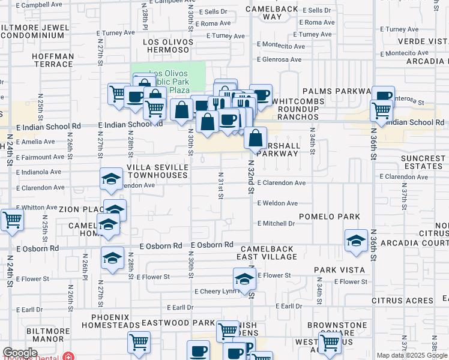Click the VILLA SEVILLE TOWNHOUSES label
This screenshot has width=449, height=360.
click(x=157, y=171)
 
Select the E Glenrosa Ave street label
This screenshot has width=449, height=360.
click(x=279, y=59)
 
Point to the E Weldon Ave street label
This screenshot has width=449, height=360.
click(x=277, y=203)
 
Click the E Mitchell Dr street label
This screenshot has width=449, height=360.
click(x=276, y=223)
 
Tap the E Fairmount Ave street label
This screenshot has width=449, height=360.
click(x=39, y=157)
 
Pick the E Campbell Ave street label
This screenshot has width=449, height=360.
click(x=39, y=4)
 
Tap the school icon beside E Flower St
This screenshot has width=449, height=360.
click(x=244, y=279)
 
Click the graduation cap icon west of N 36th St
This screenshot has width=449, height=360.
click(x=356, y=241)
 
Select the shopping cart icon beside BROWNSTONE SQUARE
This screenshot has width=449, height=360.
click(x=330, y=343)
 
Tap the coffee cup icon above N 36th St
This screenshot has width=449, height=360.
click(x=383, y=96)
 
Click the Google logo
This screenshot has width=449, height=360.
click(x=20, y=353)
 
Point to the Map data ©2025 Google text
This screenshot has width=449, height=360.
click(x=411, y=355)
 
